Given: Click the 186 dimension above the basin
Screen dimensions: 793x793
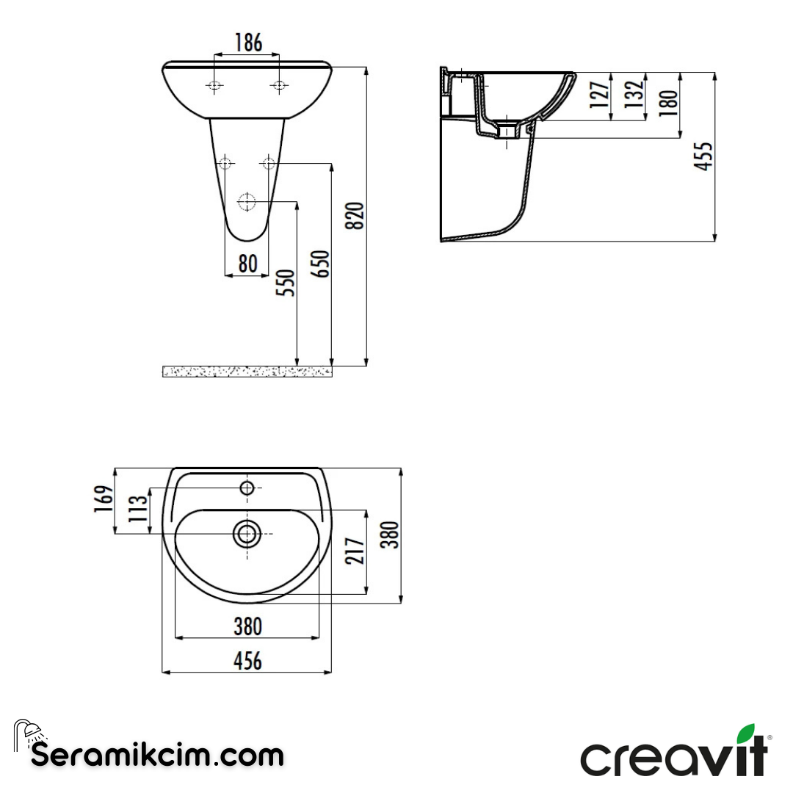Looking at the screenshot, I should tap(247, 43).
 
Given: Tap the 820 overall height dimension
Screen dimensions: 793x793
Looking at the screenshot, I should tap(355, 215).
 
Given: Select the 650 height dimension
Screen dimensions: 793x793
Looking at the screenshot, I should tap(321, 264).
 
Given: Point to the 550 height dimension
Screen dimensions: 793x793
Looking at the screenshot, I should tap(286, 283).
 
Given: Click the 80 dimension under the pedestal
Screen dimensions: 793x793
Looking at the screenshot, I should tap(247, 263).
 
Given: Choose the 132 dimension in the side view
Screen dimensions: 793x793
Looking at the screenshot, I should tap(635, 93).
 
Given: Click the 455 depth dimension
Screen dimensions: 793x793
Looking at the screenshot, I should tap(704, 156).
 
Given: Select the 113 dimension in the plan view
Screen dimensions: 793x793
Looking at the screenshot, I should tap(137, 509).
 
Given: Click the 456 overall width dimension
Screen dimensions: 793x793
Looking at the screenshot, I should tap(247, 661).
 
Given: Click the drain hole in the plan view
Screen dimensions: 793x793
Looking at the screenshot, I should tap(247, 533).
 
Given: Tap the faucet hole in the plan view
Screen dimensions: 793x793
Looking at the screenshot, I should tap(247, 488).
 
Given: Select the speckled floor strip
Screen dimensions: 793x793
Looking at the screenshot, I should tap(247, 372).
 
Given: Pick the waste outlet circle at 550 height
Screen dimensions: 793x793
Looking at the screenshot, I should tap(247, 201).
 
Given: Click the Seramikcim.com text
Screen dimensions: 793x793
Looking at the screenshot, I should tap(157, 754).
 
